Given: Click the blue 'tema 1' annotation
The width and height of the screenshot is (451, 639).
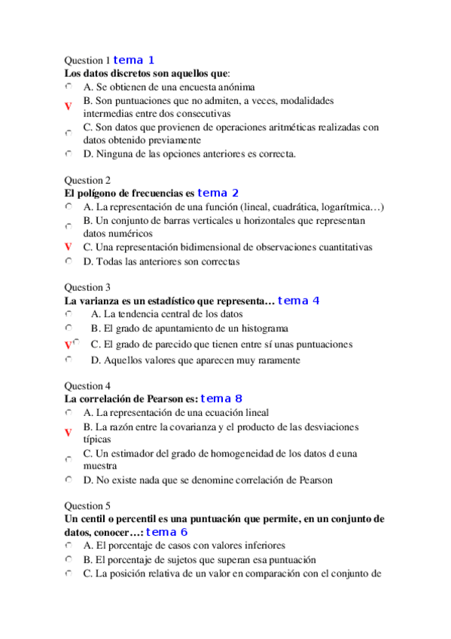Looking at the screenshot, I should click(134, 60).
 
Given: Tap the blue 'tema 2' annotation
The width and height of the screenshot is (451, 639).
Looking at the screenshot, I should click(218, 194).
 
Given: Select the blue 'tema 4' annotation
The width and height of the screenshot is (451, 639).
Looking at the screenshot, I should click(299, 301).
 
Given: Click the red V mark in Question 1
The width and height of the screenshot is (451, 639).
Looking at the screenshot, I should click(68, 107).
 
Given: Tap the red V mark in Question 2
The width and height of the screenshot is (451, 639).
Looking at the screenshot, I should click(68, 247).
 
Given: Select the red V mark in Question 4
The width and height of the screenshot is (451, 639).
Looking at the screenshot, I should click(68, 433).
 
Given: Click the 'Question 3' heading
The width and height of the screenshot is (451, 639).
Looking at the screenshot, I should click(87, 287).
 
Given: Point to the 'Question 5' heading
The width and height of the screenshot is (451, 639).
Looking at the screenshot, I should click(87, 506).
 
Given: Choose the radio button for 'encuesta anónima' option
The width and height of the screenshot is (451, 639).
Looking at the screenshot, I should click(68, 87).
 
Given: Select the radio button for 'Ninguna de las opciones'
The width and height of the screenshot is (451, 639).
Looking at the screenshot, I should click(68, 154).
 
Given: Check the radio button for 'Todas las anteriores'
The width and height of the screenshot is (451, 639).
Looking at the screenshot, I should click(68, 261).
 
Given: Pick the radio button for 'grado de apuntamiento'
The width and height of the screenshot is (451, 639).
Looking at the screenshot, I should click(68, 329).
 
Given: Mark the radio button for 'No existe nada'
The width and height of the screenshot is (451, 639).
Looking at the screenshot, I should click(68, 479).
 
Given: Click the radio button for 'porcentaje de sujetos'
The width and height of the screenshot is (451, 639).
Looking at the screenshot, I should click(68, 560).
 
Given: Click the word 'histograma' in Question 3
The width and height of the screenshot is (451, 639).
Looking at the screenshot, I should click(262, 329).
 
